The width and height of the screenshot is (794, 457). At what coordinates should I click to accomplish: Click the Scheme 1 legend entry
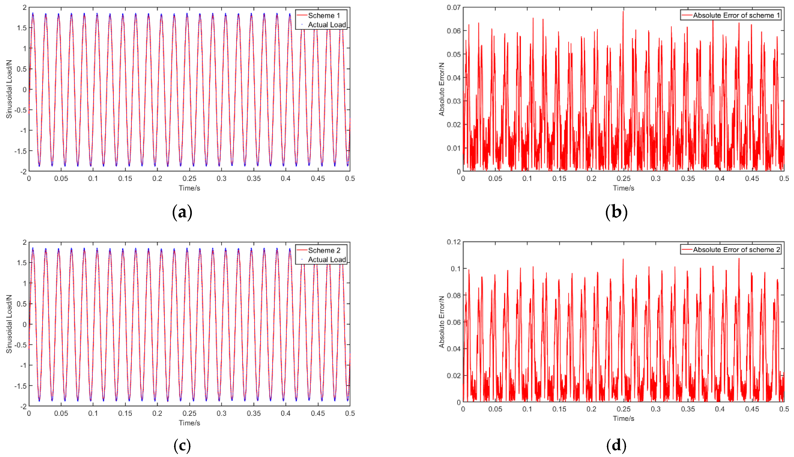[324, 15]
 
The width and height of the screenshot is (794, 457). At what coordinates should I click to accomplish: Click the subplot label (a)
[182, 212]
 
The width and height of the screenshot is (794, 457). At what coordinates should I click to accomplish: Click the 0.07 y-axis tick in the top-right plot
[454, 7]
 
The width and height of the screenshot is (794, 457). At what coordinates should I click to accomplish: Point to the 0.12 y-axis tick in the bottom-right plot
[454, 242]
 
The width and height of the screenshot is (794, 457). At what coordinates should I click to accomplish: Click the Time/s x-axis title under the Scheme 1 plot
[189, 188]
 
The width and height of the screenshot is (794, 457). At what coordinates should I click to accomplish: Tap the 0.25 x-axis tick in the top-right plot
[623, 178]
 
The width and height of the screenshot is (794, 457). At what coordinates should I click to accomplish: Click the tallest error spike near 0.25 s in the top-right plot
[623, 12]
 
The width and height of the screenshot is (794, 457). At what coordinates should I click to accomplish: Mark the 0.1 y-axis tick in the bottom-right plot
[456, 269]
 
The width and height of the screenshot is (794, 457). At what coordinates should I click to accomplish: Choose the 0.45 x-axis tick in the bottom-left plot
[318, 413]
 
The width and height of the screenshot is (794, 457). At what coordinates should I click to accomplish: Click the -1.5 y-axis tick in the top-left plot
[20, 151]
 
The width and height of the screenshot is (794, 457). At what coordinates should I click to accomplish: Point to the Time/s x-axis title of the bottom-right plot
[623, 418]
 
